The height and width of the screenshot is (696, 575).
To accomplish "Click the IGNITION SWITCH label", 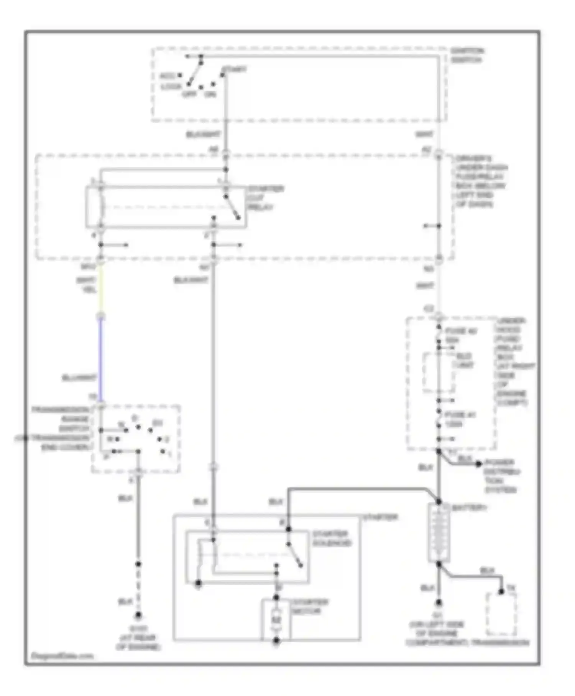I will (467, 55).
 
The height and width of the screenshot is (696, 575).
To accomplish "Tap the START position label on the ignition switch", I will (234, 69).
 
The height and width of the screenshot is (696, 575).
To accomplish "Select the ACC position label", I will (168, 76).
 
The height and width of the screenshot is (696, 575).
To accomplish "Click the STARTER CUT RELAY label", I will (265, 198).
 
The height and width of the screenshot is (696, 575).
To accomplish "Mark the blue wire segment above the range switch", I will (101, 359).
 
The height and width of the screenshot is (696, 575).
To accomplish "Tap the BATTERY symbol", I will (439, 533).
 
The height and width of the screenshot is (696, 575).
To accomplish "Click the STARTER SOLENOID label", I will (332, 538).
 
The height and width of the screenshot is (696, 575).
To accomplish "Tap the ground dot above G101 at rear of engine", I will (138, 615).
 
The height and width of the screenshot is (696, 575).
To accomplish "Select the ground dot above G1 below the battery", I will (439, 603).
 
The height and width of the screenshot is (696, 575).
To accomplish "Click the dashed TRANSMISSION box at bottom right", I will (501, 614).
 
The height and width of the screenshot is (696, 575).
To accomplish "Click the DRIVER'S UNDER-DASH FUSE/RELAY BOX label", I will (481, 181).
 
